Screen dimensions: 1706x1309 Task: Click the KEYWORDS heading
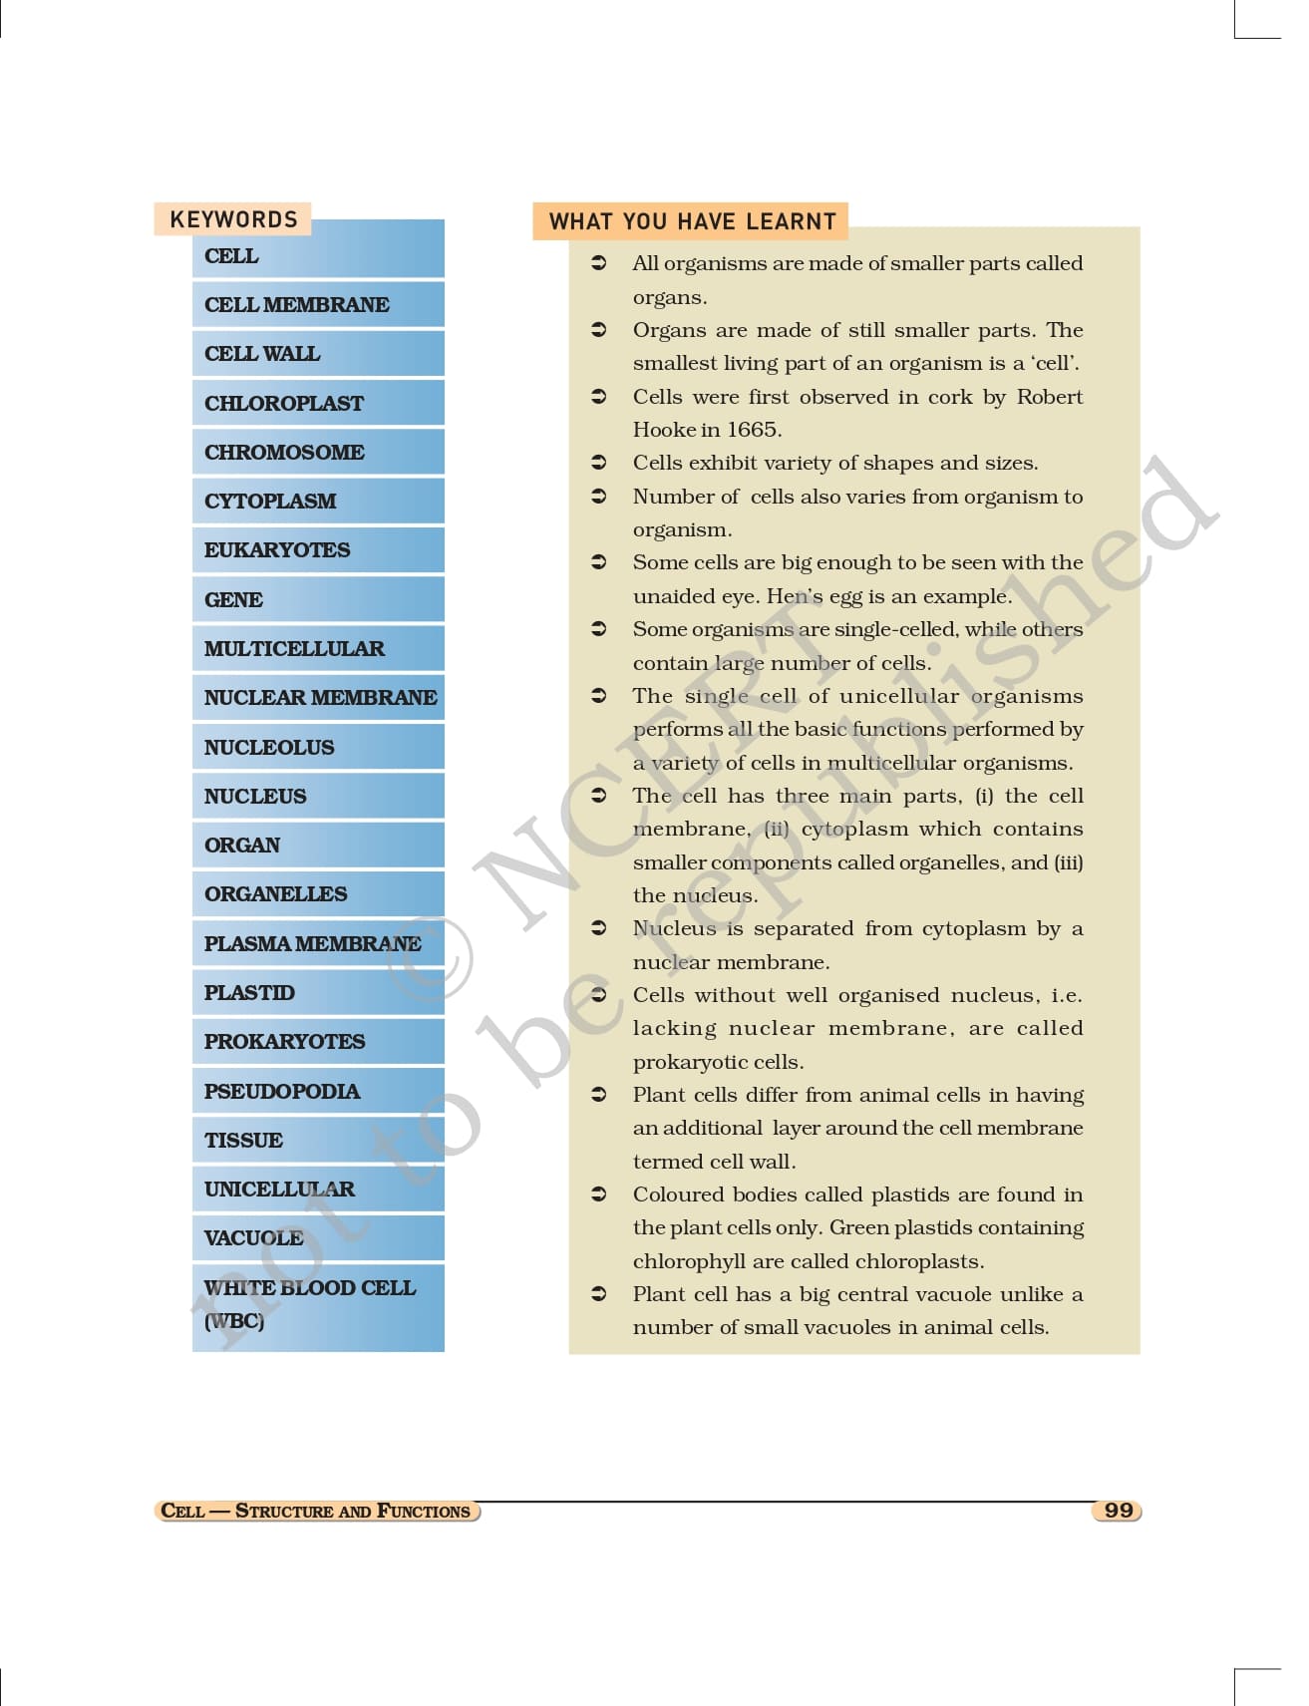tap(233, 219)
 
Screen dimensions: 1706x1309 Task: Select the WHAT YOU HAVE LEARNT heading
tap(692, 221)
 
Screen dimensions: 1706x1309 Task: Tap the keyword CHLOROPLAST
tap(284, 403)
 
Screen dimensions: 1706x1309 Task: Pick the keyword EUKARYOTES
tap(277, 550)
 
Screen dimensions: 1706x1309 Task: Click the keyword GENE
tap(233, 599)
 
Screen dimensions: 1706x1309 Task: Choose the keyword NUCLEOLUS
tap(269, 747)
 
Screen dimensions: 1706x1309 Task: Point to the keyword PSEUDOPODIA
tap(282, 1091)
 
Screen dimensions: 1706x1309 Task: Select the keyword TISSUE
tap(243, 1140)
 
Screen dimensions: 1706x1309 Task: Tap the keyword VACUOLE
tap(253, 1238)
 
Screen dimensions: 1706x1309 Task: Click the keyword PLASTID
tap(249, 992)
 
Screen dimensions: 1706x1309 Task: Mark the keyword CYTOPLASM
tap(270, 501)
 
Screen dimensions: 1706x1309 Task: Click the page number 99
tap(1118, 1511)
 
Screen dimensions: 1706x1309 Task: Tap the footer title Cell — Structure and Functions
tap(316, 1511)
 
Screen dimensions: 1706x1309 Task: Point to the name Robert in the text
tap(1049, 397)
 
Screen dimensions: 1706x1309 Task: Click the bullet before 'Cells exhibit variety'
tap(599, 463)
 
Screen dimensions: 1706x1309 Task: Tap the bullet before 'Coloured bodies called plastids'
tap(599, 1194)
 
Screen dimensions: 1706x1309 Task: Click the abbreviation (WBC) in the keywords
tap(234, 1321)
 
